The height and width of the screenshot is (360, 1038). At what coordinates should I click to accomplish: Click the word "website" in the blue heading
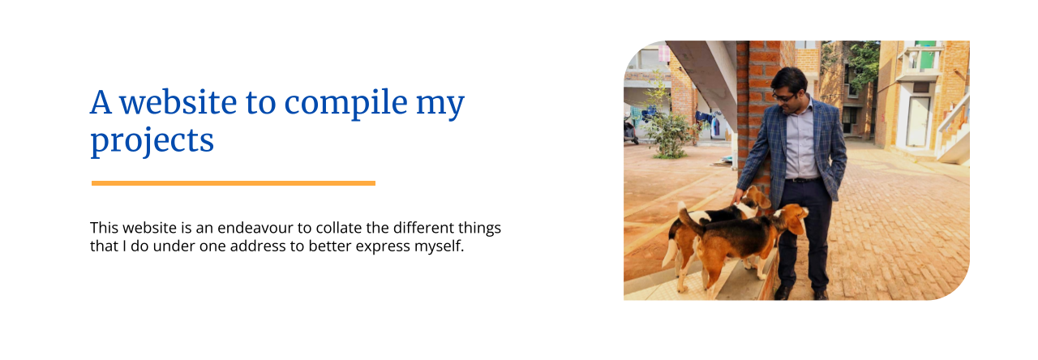tap(178, 102)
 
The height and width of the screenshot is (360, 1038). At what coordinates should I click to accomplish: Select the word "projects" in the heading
tap(152, 140)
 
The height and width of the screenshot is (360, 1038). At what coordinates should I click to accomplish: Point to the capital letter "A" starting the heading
tap(101, 102)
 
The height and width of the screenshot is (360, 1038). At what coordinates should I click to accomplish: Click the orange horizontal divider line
tap(234, 183)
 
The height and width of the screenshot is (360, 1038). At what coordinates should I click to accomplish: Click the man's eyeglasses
tap(783, 97)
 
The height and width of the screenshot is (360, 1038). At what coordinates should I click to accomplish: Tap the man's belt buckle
tap(794, 180)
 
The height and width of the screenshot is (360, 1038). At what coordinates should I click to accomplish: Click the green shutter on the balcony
tap(925, 57)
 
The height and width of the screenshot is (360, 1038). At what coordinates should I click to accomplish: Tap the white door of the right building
tap(917, 122)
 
